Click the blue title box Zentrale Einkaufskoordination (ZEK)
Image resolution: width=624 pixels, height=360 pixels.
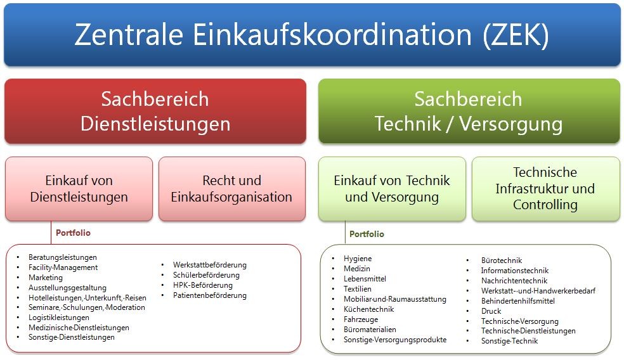coord(312,35)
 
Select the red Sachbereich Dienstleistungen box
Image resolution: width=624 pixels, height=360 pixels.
coord(155,111)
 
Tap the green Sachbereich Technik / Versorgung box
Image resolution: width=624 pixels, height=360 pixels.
coord(469,111)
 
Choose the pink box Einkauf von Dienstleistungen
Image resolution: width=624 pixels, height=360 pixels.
coord(79,188)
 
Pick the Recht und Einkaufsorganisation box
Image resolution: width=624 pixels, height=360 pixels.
coord(232,188)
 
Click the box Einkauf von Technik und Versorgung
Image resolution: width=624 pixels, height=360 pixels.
coord(392,188)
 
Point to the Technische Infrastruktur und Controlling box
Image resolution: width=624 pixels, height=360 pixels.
coord(545,188)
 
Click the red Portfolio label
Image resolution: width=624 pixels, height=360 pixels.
coord(73,233)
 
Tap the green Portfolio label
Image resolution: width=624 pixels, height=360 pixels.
coord(367,234)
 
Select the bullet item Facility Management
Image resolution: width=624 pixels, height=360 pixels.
coord(63,267)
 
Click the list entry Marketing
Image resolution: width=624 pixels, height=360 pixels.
coord(46,278)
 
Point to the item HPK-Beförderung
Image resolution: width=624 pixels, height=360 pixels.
coord(202,285)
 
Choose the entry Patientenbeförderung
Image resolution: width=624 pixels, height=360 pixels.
coord(210,295)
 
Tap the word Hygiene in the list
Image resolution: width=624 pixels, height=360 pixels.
coord(358,259)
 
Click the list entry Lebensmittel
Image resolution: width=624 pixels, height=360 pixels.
coord(365,279)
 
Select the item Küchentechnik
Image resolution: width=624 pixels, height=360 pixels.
coord(369,309)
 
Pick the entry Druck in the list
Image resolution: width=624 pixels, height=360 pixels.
coord(491,311)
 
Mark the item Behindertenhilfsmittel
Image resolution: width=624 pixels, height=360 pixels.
coord(517,300)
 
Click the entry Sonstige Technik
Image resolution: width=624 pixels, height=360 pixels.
coord(509,341)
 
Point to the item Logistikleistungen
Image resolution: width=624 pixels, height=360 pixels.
coord(59,318)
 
